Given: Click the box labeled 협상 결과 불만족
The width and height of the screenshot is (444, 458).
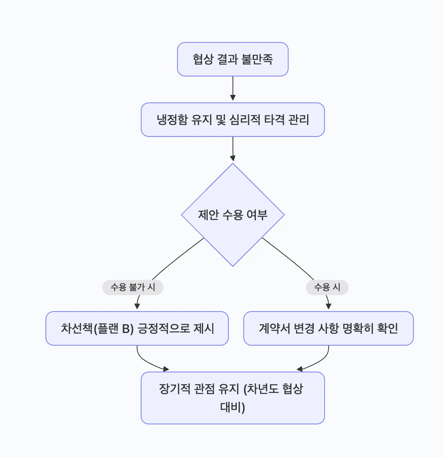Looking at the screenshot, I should (x=233, y=59).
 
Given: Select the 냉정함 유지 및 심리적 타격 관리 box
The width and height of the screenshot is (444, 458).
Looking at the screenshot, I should (x=233, y=120).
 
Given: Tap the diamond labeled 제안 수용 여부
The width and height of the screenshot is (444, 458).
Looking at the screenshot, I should (x=233, y=215).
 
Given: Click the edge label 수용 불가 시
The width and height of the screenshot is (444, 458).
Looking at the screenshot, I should (x=133, y=287).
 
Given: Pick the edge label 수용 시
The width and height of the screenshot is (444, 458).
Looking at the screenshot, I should (x=327, y=287).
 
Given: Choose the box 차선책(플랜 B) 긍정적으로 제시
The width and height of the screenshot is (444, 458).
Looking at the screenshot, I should (x=137, y=328).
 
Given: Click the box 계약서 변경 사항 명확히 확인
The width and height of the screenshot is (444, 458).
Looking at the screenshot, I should (x=328, y=328).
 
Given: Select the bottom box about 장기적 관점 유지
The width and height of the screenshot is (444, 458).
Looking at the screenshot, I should (x=233, y=398).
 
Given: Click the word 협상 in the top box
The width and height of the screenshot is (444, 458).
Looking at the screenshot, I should (x=203, y=59).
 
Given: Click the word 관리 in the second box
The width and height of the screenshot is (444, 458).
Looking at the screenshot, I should (x=299, y=120).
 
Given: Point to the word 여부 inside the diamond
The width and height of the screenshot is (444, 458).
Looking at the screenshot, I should (x=257, y=215).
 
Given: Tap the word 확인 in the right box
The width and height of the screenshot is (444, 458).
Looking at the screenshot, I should (x=387, y=328).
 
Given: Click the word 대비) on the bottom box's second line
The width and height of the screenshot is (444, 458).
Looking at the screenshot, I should (x=233, y=407).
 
